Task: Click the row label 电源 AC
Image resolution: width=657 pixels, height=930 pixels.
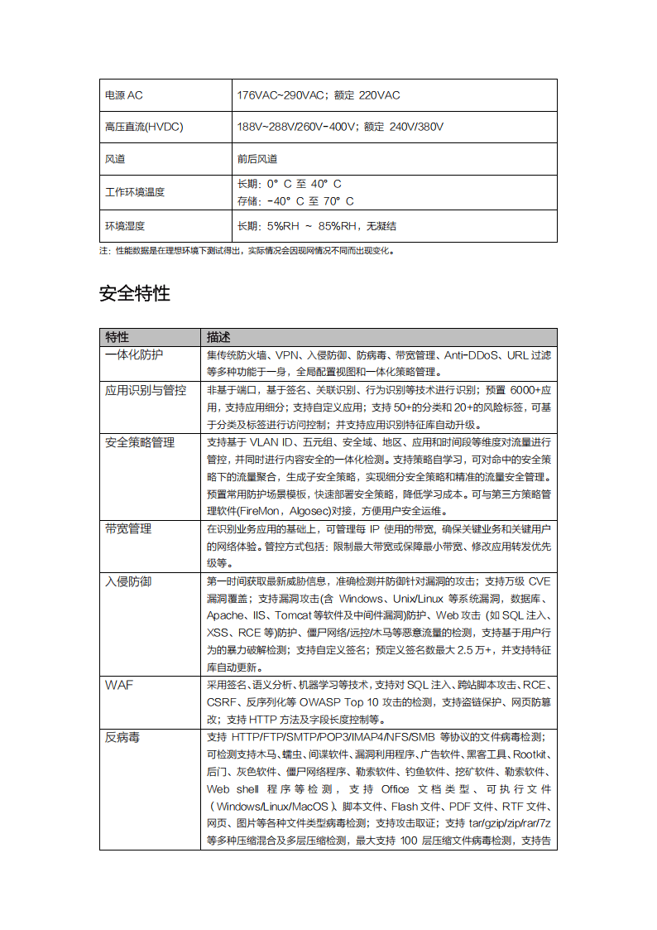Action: [124, 95]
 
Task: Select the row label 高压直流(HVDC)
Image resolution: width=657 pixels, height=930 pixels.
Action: [144, 127]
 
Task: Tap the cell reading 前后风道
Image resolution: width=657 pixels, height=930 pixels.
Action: [257, 158]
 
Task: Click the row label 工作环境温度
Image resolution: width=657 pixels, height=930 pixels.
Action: [135, 192]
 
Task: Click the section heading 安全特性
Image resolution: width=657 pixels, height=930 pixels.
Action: [135, 293]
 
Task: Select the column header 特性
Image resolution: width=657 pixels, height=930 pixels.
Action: [117, 337]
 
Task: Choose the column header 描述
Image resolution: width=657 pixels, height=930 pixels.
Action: [218, 337]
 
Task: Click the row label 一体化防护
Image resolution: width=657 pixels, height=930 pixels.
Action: [134, 354]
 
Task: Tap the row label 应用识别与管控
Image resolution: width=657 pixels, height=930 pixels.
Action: [146, 390]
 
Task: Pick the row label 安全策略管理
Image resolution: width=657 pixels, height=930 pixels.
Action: [140, 442]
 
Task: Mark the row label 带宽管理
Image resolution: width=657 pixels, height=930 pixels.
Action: [128, 528]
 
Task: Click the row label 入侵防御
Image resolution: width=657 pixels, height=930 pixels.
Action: [128, 581]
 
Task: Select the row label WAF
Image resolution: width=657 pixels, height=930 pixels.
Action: [119, 685]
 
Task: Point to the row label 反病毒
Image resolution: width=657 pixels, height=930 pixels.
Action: [122, 737]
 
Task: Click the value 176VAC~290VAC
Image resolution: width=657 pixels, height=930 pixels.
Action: [281, 95]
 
